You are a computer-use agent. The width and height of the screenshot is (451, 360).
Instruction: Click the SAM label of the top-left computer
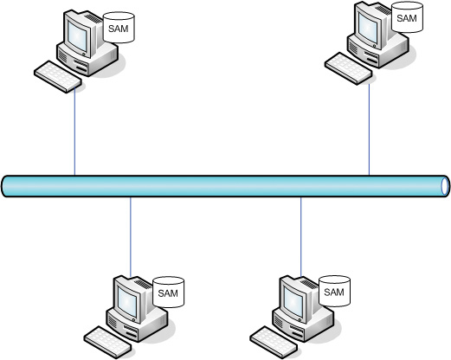(119, 29)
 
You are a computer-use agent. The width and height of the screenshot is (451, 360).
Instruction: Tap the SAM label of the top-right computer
(407, 18)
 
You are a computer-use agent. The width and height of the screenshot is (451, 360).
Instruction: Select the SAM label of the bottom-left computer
(168, 293)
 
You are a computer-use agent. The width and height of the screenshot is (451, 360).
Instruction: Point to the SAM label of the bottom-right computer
(334, 292)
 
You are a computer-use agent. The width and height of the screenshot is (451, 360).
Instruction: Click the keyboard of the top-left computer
(58, 76)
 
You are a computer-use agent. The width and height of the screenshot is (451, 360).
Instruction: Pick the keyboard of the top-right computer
(349, 68)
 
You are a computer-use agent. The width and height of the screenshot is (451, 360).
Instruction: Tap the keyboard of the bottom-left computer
(108, 343)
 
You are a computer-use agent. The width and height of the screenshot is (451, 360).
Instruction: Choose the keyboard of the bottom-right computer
(274, 343)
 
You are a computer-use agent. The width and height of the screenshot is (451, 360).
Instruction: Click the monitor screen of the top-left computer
(77, 36)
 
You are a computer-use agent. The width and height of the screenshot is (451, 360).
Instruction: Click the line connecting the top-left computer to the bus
(74, 132)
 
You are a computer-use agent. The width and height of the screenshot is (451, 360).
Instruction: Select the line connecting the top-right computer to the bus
(369, 130)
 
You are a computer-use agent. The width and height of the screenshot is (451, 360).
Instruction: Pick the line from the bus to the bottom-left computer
(131, 237)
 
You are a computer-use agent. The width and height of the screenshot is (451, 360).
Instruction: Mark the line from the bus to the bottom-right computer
(301, 237)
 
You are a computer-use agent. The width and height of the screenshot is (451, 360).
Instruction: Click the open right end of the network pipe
(445, 186)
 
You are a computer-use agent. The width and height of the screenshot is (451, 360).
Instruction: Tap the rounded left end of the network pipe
(5, 186)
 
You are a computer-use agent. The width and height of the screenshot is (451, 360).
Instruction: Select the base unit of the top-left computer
(87, 58)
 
